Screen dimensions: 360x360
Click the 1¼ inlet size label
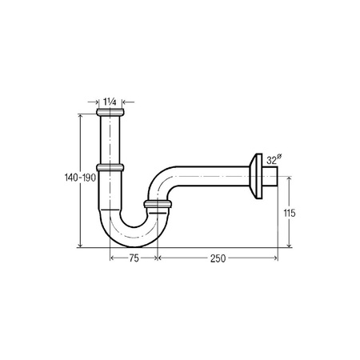(x=110, y=102)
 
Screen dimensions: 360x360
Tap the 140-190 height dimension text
(x=80, y=178)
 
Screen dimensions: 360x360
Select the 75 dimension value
(x=134, y=258)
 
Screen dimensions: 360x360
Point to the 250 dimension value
(x=218, y=258)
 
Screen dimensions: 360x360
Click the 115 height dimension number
(x=290, y=214)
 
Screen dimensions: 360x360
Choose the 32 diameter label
(x=271, y=161)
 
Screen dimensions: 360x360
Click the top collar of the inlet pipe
(x=110, y=112)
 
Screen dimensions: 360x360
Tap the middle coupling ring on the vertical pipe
(x=110, y=167)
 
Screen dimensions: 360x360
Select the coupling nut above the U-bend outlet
(x=158, y=204)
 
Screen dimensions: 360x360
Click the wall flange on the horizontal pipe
(x=257, y=176)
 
